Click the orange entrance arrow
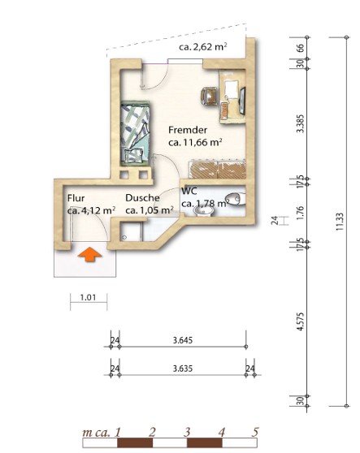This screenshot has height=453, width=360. click(x=90, y=255)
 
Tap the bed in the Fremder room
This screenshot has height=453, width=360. click(x=136, y=133)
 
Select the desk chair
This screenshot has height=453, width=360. click(x=210, y=97)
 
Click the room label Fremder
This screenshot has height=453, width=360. click(x=188, y=130)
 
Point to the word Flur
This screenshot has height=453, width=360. click(x=76, y=198)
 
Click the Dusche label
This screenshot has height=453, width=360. click(x=142, y=198)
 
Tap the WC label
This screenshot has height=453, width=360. click(x=189, y=191)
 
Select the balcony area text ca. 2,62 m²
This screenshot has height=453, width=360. click(x=202, y=47)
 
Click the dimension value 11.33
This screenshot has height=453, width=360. click(x=340, y=222)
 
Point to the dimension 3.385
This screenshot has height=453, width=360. click(x=301, y=123)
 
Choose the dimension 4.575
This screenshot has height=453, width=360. click(x=301, y=321)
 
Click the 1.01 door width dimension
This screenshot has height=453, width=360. click(x=88, y=297)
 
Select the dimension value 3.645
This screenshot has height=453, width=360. click(x=183, y=340)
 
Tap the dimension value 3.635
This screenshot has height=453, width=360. click(x=183, y=369)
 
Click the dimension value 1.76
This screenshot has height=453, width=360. click(x=301, y=213)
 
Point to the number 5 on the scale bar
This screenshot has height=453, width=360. click(x=254, y=432)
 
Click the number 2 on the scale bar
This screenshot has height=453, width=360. click(x=152, y=432)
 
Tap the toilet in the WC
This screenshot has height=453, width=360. click(x=235, y=199)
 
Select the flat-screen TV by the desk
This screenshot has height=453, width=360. click(x=242, y=101)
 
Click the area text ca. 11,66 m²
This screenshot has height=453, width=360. click(x=195, y=143)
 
